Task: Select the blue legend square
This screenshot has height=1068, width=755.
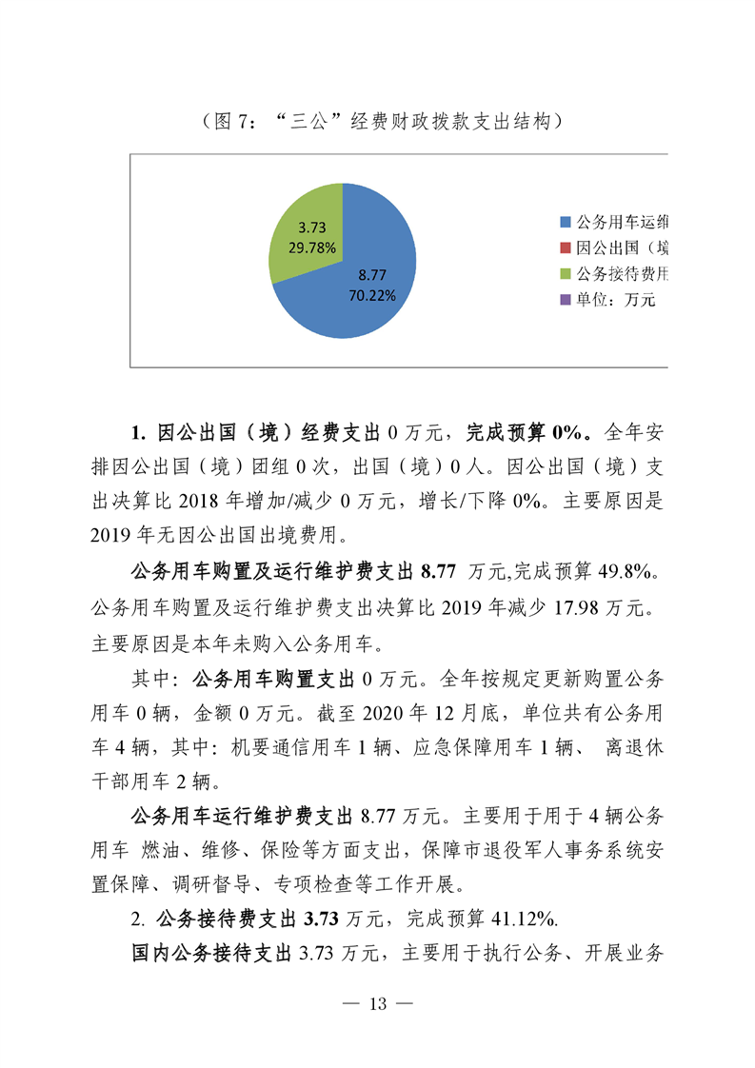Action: tap(565, 223)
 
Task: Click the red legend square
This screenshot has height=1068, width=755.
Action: tap(565, 248)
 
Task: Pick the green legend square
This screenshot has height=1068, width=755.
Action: tap(565, 274)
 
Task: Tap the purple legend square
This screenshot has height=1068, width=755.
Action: tap(565, 300)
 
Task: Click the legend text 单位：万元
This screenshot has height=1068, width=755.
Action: tap(616, 300)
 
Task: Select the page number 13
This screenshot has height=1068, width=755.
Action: tap(378, 1005)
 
